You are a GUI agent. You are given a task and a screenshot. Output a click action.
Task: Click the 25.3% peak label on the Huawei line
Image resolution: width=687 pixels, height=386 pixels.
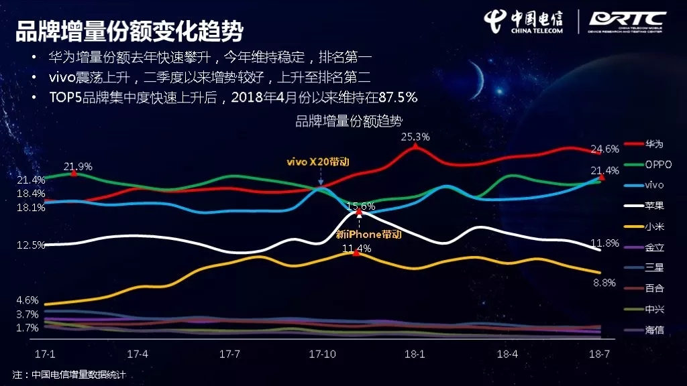(x=415, y=137)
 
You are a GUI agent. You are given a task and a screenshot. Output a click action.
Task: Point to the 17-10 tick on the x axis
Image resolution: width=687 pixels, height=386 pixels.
(x=323, y=354)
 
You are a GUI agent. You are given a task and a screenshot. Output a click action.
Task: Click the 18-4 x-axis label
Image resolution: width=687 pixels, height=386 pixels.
(x=507, y=354)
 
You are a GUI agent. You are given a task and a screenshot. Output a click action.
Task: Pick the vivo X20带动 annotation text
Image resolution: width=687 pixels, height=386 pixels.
(x=318, y=162)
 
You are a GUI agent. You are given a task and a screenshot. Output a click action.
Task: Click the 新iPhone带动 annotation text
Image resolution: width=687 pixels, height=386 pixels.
(x=368, y=235)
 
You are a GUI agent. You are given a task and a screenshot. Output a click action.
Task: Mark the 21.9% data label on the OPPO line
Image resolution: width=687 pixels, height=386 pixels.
(x=78, y=167)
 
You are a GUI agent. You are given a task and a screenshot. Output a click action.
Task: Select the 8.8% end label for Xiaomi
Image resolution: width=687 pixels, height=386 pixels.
(x=604, y=283)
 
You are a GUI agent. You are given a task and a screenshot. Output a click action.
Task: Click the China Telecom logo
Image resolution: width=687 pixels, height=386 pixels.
(x=523, y=21)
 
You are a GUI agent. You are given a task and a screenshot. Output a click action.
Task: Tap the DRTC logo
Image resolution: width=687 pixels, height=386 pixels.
(x=627, y=22)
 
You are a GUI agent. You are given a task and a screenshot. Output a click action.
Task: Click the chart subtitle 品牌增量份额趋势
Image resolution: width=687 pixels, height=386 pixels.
(x=349, y=121)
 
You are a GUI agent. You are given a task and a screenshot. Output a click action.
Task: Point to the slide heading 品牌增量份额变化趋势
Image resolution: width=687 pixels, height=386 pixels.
(x=129, y=31)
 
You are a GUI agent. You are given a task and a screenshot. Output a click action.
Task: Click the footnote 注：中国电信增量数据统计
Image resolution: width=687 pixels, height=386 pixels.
(x=69, y=375)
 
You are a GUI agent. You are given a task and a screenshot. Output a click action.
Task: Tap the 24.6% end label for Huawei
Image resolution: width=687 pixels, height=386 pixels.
(x=604, y=149)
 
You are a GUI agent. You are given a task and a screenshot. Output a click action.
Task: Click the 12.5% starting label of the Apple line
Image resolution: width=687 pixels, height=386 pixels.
(x=31, y=245)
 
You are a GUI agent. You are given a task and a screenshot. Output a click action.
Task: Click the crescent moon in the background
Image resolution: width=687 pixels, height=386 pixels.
(x=479, y=79)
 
